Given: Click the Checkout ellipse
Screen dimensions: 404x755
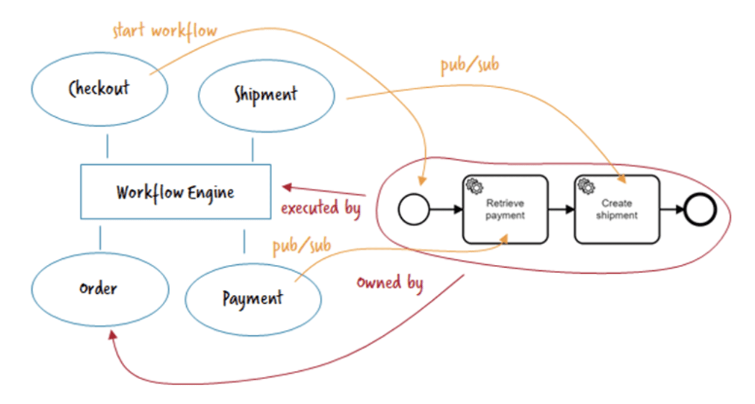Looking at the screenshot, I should (99, 89).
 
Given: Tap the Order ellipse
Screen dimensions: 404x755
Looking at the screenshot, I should (99, 289).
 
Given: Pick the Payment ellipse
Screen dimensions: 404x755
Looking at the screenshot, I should (253, 298).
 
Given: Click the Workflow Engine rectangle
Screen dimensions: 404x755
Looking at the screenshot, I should (175, 191).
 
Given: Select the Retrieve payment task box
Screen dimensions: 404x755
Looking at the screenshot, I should (505, 209).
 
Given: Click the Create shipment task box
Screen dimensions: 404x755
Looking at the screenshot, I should (617, 209).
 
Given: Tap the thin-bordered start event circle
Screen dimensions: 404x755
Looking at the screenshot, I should (413, 210).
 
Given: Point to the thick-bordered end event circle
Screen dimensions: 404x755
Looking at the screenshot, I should (700, 210).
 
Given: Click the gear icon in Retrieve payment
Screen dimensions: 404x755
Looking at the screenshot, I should (474, 186).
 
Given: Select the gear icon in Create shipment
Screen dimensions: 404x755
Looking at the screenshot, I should (586, 186).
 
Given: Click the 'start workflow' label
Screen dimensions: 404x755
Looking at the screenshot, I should (164, 30).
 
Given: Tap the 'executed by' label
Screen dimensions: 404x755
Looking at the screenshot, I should (320, 209).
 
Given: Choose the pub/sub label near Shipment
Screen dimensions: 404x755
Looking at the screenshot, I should (470, 65).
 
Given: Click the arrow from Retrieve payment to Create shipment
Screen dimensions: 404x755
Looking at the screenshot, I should (560, 209).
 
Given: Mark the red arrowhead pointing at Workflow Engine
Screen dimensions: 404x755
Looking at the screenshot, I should (287, 187).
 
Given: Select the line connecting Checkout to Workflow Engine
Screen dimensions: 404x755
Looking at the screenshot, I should (107, 146).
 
